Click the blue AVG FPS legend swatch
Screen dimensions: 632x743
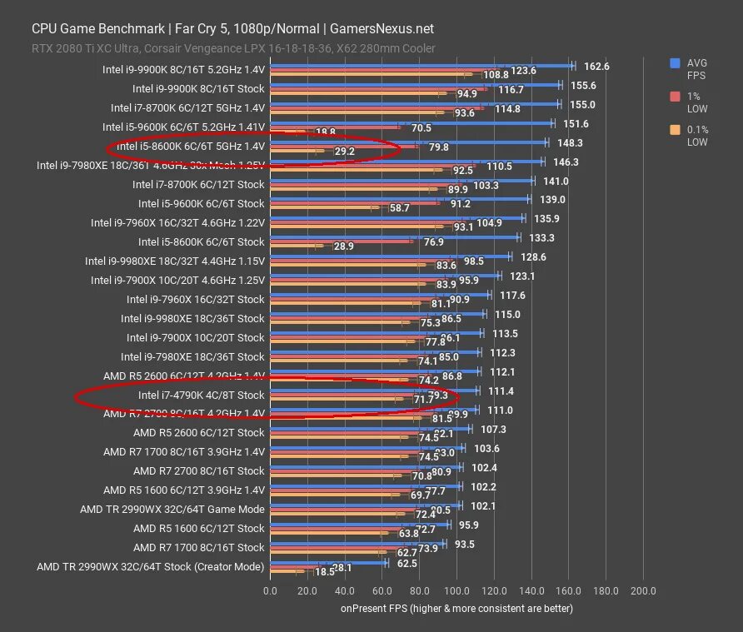coord(674,62)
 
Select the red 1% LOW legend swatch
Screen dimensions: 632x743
coord(674,96)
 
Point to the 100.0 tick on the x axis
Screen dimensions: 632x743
coord(456,591)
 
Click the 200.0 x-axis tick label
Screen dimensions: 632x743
coord(643,591)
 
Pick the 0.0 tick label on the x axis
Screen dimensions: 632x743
coord(270,591)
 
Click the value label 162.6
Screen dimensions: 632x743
coord(596,66)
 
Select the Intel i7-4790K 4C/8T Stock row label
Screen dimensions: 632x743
coord(201,395)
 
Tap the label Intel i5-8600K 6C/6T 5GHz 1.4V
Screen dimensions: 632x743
coord(191,146)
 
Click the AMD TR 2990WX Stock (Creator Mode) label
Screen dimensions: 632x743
coord(150,567)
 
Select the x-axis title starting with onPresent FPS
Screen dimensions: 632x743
coord(456,609)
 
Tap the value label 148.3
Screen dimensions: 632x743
coord(570,142)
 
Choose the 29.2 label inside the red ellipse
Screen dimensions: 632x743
coord(344,152)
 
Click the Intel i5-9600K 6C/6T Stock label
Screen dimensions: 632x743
coord(201,203)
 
